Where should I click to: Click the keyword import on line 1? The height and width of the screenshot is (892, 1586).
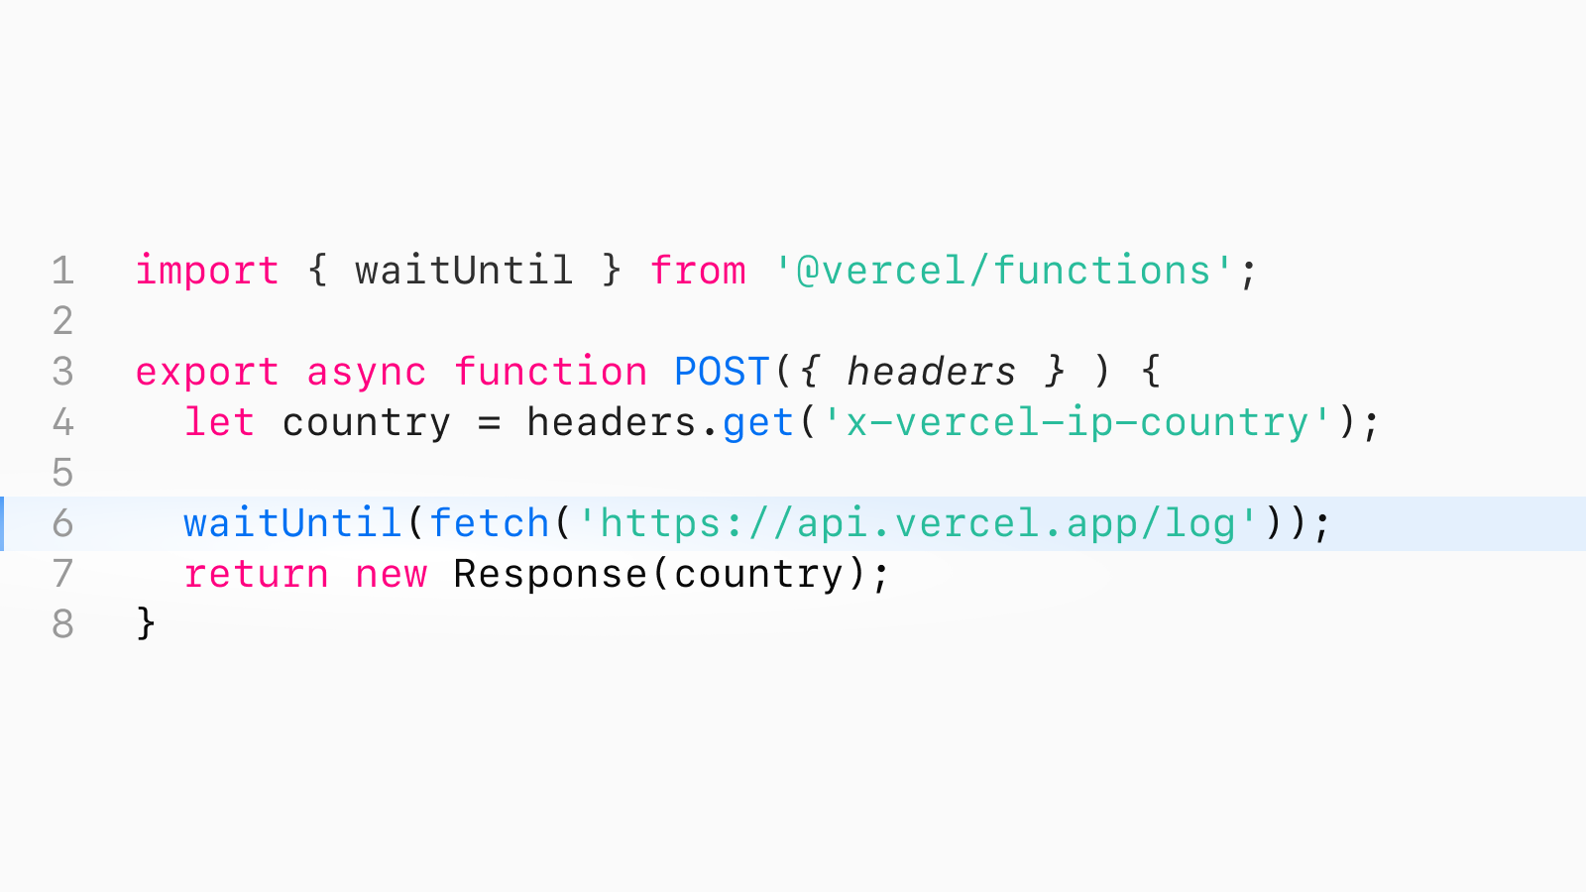click(206, 271)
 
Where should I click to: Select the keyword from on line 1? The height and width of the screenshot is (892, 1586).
click(697, 271)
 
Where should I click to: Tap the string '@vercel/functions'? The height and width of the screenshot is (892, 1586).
click(1003, 271)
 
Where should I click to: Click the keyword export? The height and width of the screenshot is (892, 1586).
click(206, 373)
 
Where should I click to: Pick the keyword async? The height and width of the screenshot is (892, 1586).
click(366, 373)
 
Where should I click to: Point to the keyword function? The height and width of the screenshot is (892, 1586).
click(550, 373)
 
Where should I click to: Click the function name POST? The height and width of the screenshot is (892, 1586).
click(722, 373)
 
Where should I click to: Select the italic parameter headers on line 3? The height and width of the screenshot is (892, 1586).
click(931, 373)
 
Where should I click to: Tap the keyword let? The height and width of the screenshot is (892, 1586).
click(219, 423)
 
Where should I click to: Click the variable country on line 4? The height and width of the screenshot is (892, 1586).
click(366, 423)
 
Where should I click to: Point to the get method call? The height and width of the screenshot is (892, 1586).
click(757, 423)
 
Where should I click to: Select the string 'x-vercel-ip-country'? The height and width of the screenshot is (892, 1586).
click(1076, 423)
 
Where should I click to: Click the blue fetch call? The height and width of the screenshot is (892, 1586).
click(489, 523)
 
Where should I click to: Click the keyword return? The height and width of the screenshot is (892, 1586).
click(256, 575)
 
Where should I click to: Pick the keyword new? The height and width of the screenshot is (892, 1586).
click(391, 575)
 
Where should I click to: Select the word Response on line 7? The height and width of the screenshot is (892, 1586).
click(550, 575)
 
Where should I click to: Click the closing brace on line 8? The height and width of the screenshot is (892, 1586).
click(146, 624)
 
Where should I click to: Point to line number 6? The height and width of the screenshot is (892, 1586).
click(62, 523)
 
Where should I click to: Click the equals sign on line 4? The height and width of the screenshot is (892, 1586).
click(489, 423)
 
